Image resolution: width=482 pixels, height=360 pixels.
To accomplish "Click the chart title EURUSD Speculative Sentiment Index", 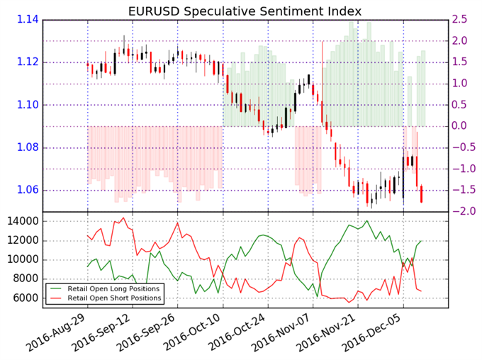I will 245,11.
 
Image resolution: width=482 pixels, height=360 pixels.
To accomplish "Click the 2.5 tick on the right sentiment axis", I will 462,20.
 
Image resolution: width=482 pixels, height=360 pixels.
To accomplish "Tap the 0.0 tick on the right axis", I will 462,126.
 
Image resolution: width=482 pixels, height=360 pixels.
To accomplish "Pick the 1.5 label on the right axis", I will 462,62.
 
